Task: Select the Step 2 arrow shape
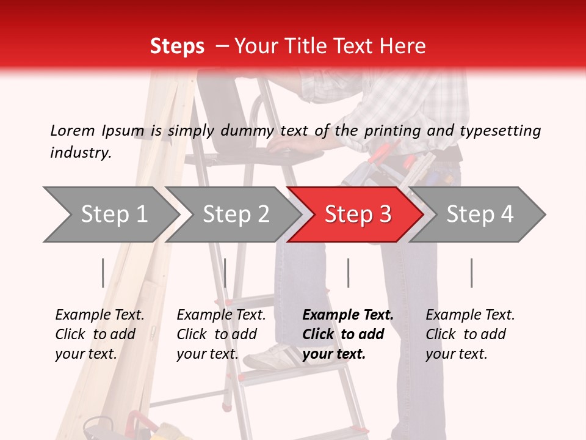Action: tap(235, 215)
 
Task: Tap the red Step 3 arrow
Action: tap(357, 215)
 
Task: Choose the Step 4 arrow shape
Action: tap(479, 215)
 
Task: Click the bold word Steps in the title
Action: tap(177, 46)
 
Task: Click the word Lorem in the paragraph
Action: tap(73, 130)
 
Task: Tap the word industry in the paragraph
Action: tap(80, 153)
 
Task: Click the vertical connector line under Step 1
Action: tap(103, 273)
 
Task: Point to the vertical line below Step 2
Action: tap(225, 273)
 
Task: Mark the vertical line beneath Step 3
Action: tap(348, 273)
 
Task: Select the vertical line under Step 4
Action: tap(471, 273)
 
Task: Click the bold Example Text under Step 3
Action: tap(348, 315)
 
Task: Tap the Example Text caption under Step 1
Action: tap(99, 315)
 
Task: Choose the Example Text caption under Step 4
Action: tap(470, 315)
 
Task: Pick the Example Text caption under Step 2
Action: tap(221, 315)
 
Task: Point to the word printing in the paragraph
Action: tap(387, 131)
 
